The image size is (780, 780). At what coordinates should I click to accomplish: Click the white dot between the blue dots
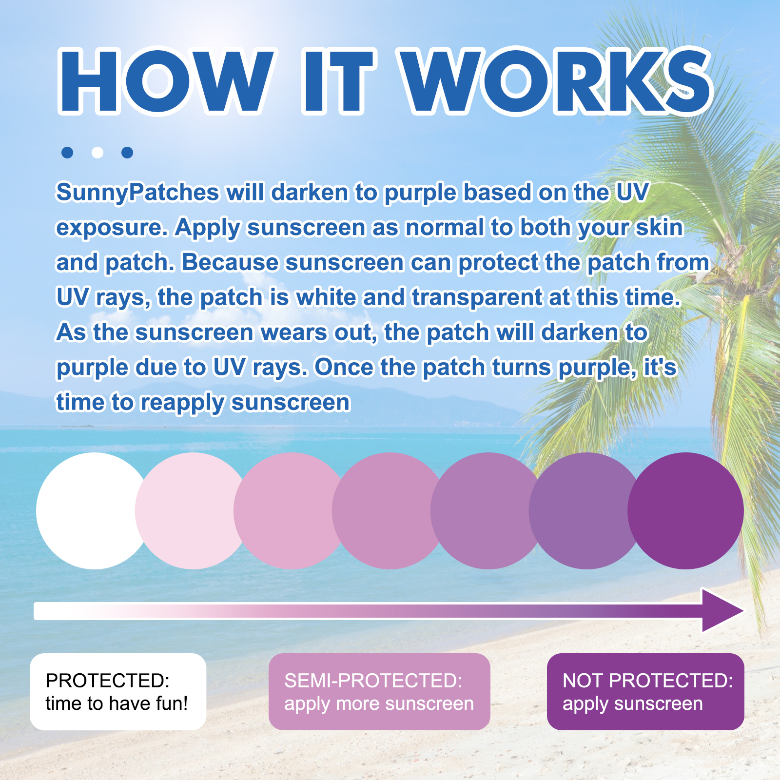97,153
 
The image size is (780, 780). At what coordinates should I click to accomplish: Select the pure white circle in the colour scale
95,511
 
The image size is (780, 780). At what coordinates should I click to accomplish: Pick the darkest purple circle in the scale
685,511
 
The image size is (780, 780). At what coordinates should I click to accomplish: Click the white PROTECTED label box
118,692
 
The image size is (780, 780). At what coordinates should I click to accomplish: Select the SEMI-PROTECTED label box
379,692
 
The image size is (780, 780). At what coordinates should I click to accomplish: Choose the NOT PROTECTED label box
645,692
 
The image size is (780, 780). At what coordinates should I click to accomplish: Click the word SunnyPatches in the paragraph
137,193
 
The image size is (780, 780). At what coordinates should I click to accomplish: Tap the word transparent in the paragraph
477,298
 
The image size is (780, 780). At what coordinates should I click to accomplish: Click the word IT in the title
337,81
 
